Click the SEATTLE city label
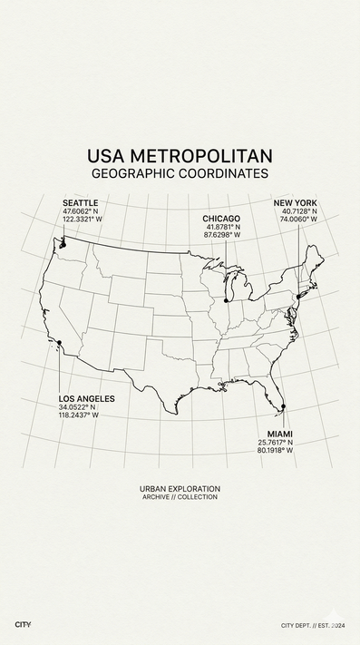pos(80,202)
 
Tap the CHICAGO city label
pos(221,219)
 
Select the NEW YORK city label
pos(295,202)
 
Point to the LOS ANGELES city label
pos(87,399)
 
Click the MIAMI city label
pos(279,433)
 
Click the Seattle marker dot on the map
pos(63,243)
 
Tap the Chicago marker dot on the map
pos(226,299)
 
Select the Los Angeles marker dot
pos(59,342)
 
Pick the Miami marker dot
pos(283,406)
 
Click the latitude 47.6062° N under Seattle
pos(81,210)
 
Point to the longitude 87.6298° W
pos(222,235)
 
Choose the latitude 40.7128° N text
pos(299,210)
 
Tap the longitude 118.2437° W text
pos(79,415)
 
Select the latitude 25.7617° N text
pos(276,442)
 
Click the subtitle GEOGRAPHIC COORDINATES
pos(180,172)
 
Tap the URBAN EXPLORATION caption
pos(180,489)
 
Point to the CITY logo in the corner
pos(24,625)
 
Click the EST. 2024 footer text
pos(327,625)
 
